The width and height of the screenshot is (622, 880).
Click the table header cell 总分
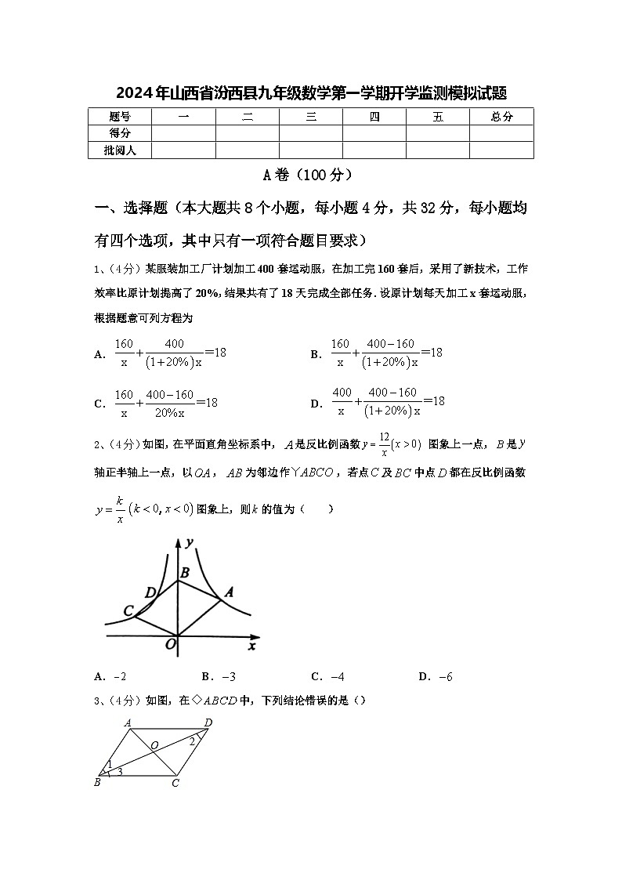click(x=501, y=117)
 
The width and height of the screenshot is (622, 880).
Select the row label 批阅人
click(x=120, y=150)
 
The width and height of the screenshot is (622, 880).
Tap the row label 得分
click(x=120, y=133)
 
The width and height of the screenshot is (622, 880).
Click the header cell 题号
click(x=120, y=117)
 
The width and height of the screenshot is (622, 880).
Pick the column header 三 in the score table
click(x=311, y=117)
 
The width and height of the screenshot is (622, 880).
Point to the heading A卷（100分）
click(x=311, y=175)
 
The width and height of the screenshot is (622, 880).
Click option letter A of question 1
click(x=99, y=354)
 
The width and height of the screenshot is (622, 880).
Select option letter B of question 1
click(x=316, y=354)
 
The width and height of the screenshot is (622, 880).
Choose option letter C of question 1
click(x=99, y=404)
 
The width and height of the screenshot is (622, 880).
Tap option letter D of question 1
click(x=316, y=404)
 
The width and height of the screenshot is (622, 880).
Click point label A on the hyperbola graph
click(x=230, y=592)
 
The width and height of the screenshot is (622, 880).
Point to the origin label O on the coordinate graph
click(x=170, y=644)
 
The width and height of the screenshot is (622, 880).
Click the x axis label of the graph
click(x=251, y=646)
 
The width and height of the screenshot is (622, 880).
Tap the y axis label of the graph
click(x=190, y=541)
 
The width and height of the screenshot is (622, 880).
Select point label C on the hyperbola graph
click(x=128, y=610)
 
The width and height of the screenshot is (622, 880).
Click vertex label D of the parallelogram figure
click(x=208, y=722)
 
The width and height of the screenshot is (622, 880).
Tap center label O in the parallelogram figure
click(x=154, y=744)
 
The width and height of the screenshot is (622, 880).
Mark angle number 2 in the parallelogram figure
click(x=191, y=741)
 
